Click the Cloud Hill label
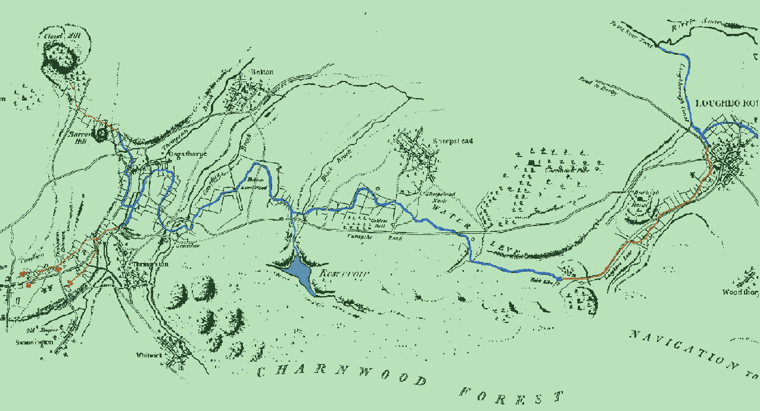pos(57,36)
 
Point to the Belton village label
pos(263,72)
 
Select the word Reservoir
pos(344,274)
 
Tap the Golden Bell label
pos(379,224)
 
